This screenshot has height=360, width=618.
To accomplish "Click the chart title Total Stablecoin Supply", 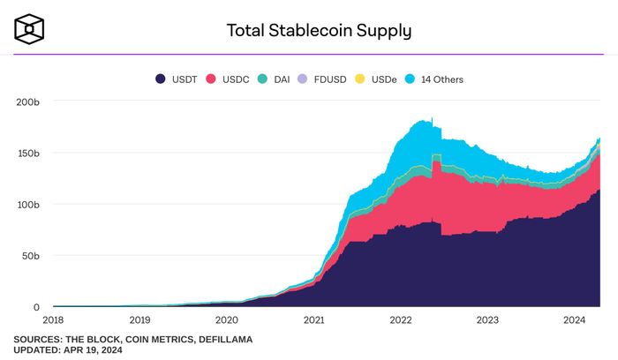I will pyautogui.click(x=319, y=31).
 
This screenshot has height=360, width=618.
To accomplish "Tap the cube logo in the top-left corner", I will pyautogui.click(x=29, y=29).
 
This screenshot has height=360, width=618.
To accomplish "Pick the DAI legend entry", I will pyautogui.click(x=275, y=79).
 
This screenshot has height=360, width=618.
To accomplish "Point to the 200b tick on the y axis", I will pyautogui.click(x=28, y=102).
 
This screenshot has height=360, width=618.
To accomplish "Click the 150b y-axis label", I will pyautogui.click(x=28, y=154).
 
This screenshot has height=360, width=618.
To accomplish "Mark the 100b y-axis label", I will pyautogui.click(x=28, y=205).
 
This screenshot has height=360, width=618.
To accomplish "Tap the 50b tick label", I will pyautogui.click(x=31, y=256).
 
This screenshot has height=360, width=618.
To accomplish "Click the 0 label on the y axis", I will pyautogui.click(x=36, y=307).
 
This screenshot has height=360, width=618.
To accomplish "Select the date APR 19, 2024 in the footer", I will pyautogui.click(x=93, y=350).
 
